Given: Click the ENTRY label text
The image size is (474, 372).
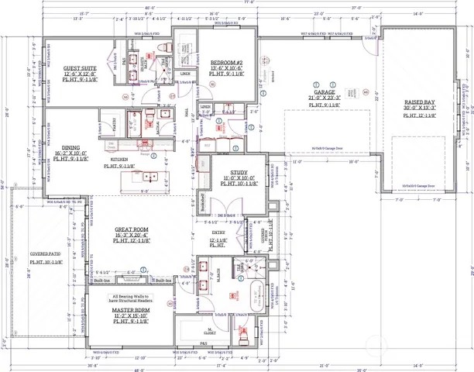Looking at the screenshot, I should pos(219,231).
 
